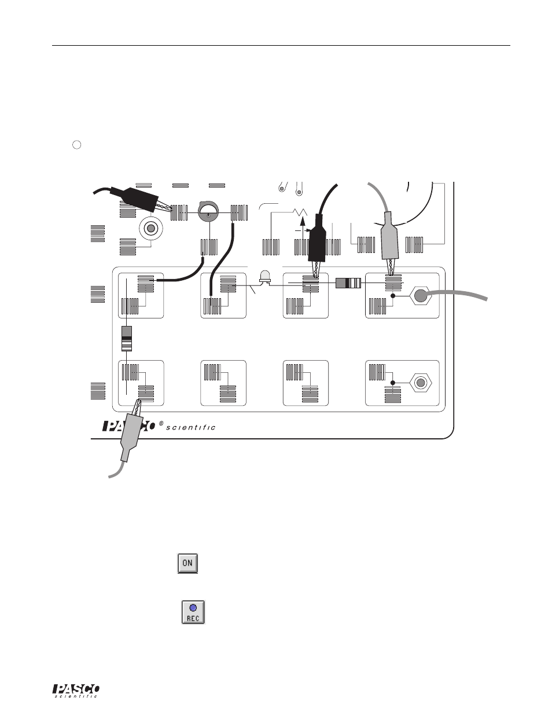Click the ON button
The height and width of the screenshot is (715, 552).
[x=187, y=563]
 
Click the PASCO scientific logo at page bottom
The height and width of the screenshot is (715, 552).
[x=77, y=691]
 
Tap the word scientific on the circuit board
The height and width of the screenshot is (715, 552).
[x=191, y=428]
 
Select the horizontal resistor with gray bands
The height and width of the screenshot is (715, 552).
[x=348, y=283]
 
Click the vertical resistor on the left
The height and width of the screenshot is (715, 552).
[x=126, y=339]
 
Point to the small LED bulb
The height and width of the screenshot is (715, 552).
[x=266, y=276]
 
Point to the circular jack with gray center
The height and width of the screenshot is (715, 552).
[x=151, y=229]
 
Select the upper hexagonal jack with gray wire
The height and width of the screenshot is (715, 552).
[x=421, y=297]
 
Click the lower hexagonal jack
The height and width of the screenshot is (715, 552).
[x=421, y=383]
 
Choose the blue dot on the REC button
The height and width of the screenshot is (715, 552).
[x=193, y=607]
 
